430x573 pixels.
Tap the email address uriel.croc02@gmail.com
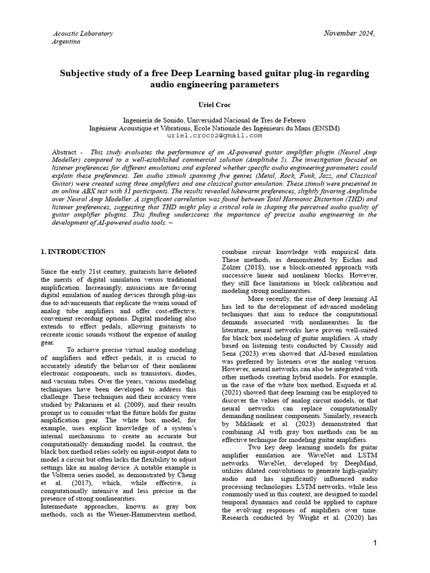tap(214, 135)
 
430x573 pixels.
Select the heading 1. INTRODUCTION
tap(73, 252)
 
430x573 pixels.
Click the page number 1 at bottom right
tap(375, 543)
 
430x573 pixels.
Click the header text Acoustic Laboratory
tap(83, 34)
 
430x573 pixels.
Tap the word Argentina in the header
tap(66, 42)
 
